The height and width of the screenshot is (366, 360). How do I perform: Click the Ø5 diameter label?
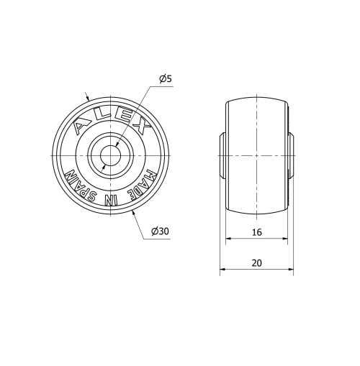pos(165,78)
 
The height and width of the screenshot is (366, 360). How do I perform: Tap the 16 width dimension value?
pos(256,233)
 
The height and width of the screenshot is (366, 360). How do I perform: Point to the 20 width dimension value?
pos(256,262)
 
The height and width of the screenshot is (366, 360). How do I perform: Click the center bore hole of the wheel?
pos(111,155)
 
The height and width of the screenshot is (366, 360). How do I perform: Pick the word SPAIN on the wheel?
pos(81,185)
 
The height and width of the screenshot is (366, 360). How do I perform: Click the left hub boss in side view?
pos(223,155)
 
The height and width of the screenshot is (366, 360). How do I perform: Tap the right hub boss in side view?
pos(290,155)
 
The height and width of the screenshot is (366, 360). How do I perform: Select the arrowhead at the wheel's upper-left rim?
pos(89,99)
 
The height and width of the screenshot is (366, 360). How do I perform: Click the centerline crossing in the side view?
pos(257,155)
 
